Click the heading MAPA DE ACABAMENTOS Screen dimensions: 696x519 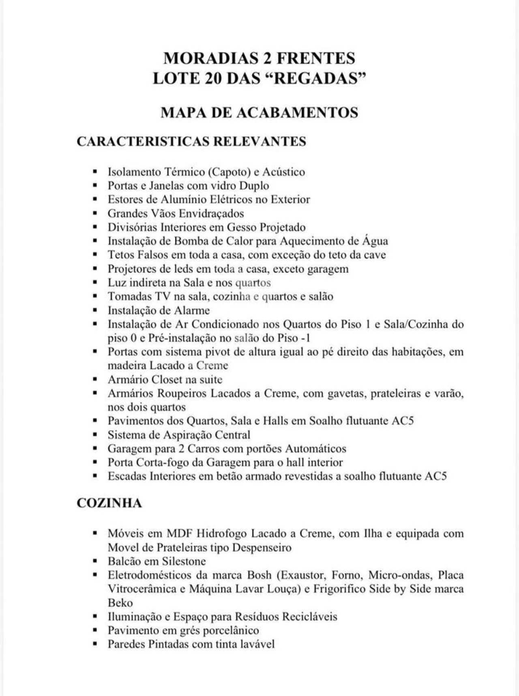click(259, 112)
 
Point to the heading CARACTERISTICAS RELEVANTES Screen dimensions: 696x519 click(191, 141)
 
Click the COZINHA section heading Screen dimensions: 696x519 click(109, 503)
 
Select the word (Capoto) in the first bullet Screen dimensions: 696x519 click(229, 172)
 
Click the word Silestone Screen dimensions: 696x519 click(184, 562)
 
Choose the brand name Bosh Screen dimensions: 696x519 click(260, 575)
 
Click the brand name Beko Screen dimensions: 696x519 click(120, 603)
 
